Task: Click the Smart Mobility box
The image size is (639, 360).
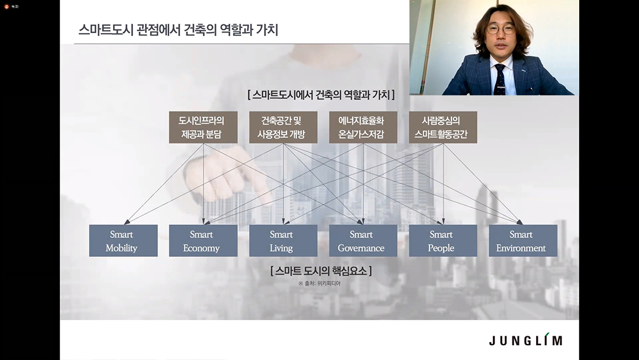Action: [124, 240]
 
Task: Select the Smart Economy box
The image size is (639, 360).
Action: [204, 240]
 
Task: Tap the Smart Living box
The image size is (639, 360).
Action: [283, 240]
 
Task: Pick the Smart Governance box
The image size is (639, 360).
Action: [363, 240]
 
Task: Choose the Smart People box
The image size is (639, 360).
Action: [443, 240]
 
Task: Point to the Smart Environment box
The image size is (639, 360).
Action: [523, 240]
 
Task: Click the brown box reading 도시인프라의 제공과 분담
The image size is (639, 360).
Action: [204, 127]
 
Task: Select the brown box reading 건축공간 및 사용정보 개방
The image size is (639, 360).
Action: [283, 127]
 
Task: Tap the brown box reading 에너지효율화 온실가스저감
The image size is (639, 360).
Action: [363, 127]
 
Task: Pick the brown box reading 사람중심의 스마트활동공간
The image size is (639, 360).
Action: [443, 127]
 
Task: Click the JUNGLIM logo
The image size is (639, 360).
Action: [526, 340]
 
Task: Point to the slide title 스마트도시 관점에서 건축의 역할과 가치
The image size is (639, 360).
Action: [178, 30]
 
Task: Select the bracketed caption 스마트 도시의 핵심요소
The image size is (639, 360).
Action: [321, 271]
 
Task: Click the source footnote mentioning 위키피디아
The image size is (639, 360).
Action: [319, 284]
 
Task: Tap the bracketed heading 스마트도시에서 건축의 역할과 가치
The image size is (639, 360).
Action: [321, 95]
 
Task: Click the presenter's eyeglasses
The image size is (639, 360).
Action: [501, 30]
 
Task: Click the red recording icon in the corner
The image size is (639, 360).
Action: [6, 7]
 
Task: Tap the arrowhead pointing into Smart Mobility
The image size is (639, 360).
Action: [127, 222]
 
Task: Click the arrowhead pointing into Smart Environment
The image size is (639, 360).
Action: [519, 222]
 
